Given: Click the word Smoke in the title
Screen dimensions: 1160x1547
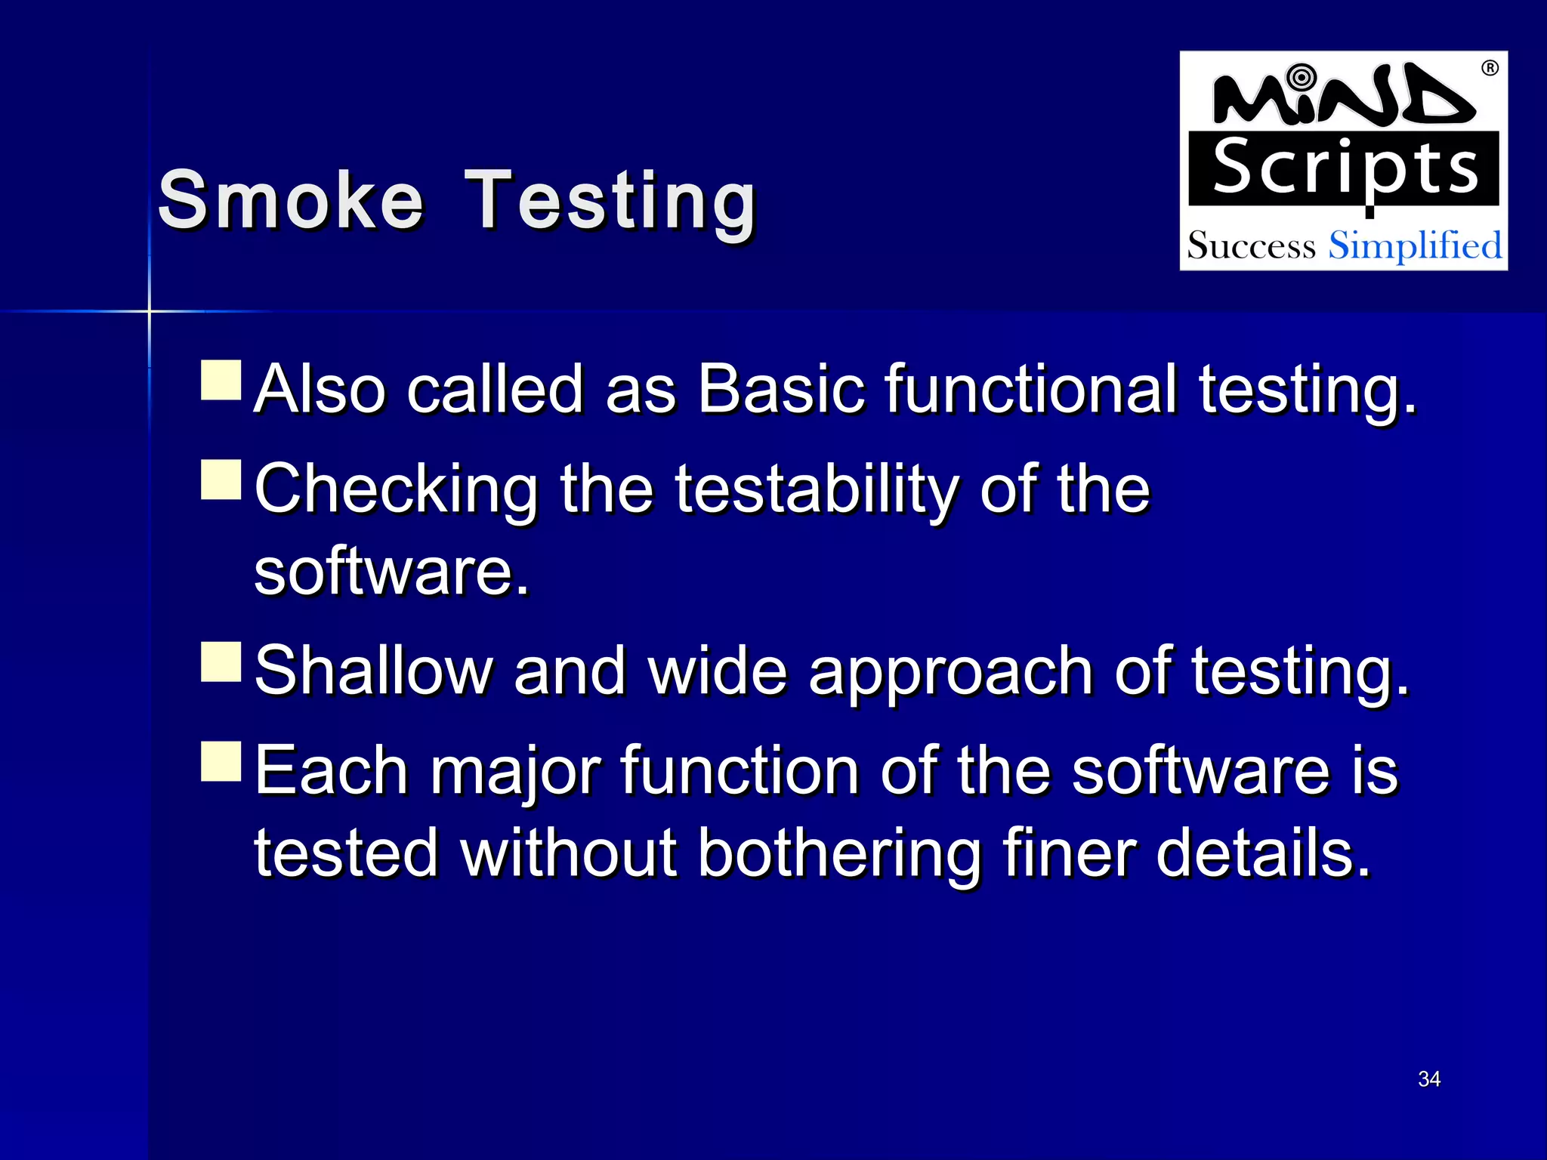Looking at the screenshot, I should tap(290, 200).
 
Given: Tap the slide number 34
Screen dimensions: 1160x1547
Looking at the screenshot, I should tap(1429, 1078).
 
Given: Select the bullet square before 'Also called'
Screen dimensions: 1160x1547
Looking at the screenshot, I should tap(221, 380).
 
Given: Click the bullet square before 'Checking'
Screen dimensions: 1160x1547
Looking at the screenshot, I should tap(221, 480).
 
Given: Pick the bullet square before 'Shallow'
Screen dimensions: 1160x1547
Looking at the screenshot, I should tap(221, 662).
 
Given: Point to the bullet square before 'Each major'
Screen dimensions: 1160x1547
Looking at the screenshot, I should tap(221, 761).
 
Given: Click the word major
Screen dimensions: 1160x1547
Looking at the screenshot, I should tap(516, 772).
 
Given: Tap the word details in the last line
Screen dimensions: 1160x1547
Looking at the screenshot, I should tap(1263, 853).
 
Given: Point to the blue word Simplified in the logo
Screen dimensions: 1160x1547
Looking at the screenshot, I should tap(1415, 246).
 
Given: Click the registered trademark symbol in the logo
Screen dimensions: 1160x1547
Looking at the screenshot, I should tap(1490, 69).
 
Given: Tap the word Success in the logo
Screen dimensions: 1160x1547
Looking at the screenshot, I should tap(1251, 246).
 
